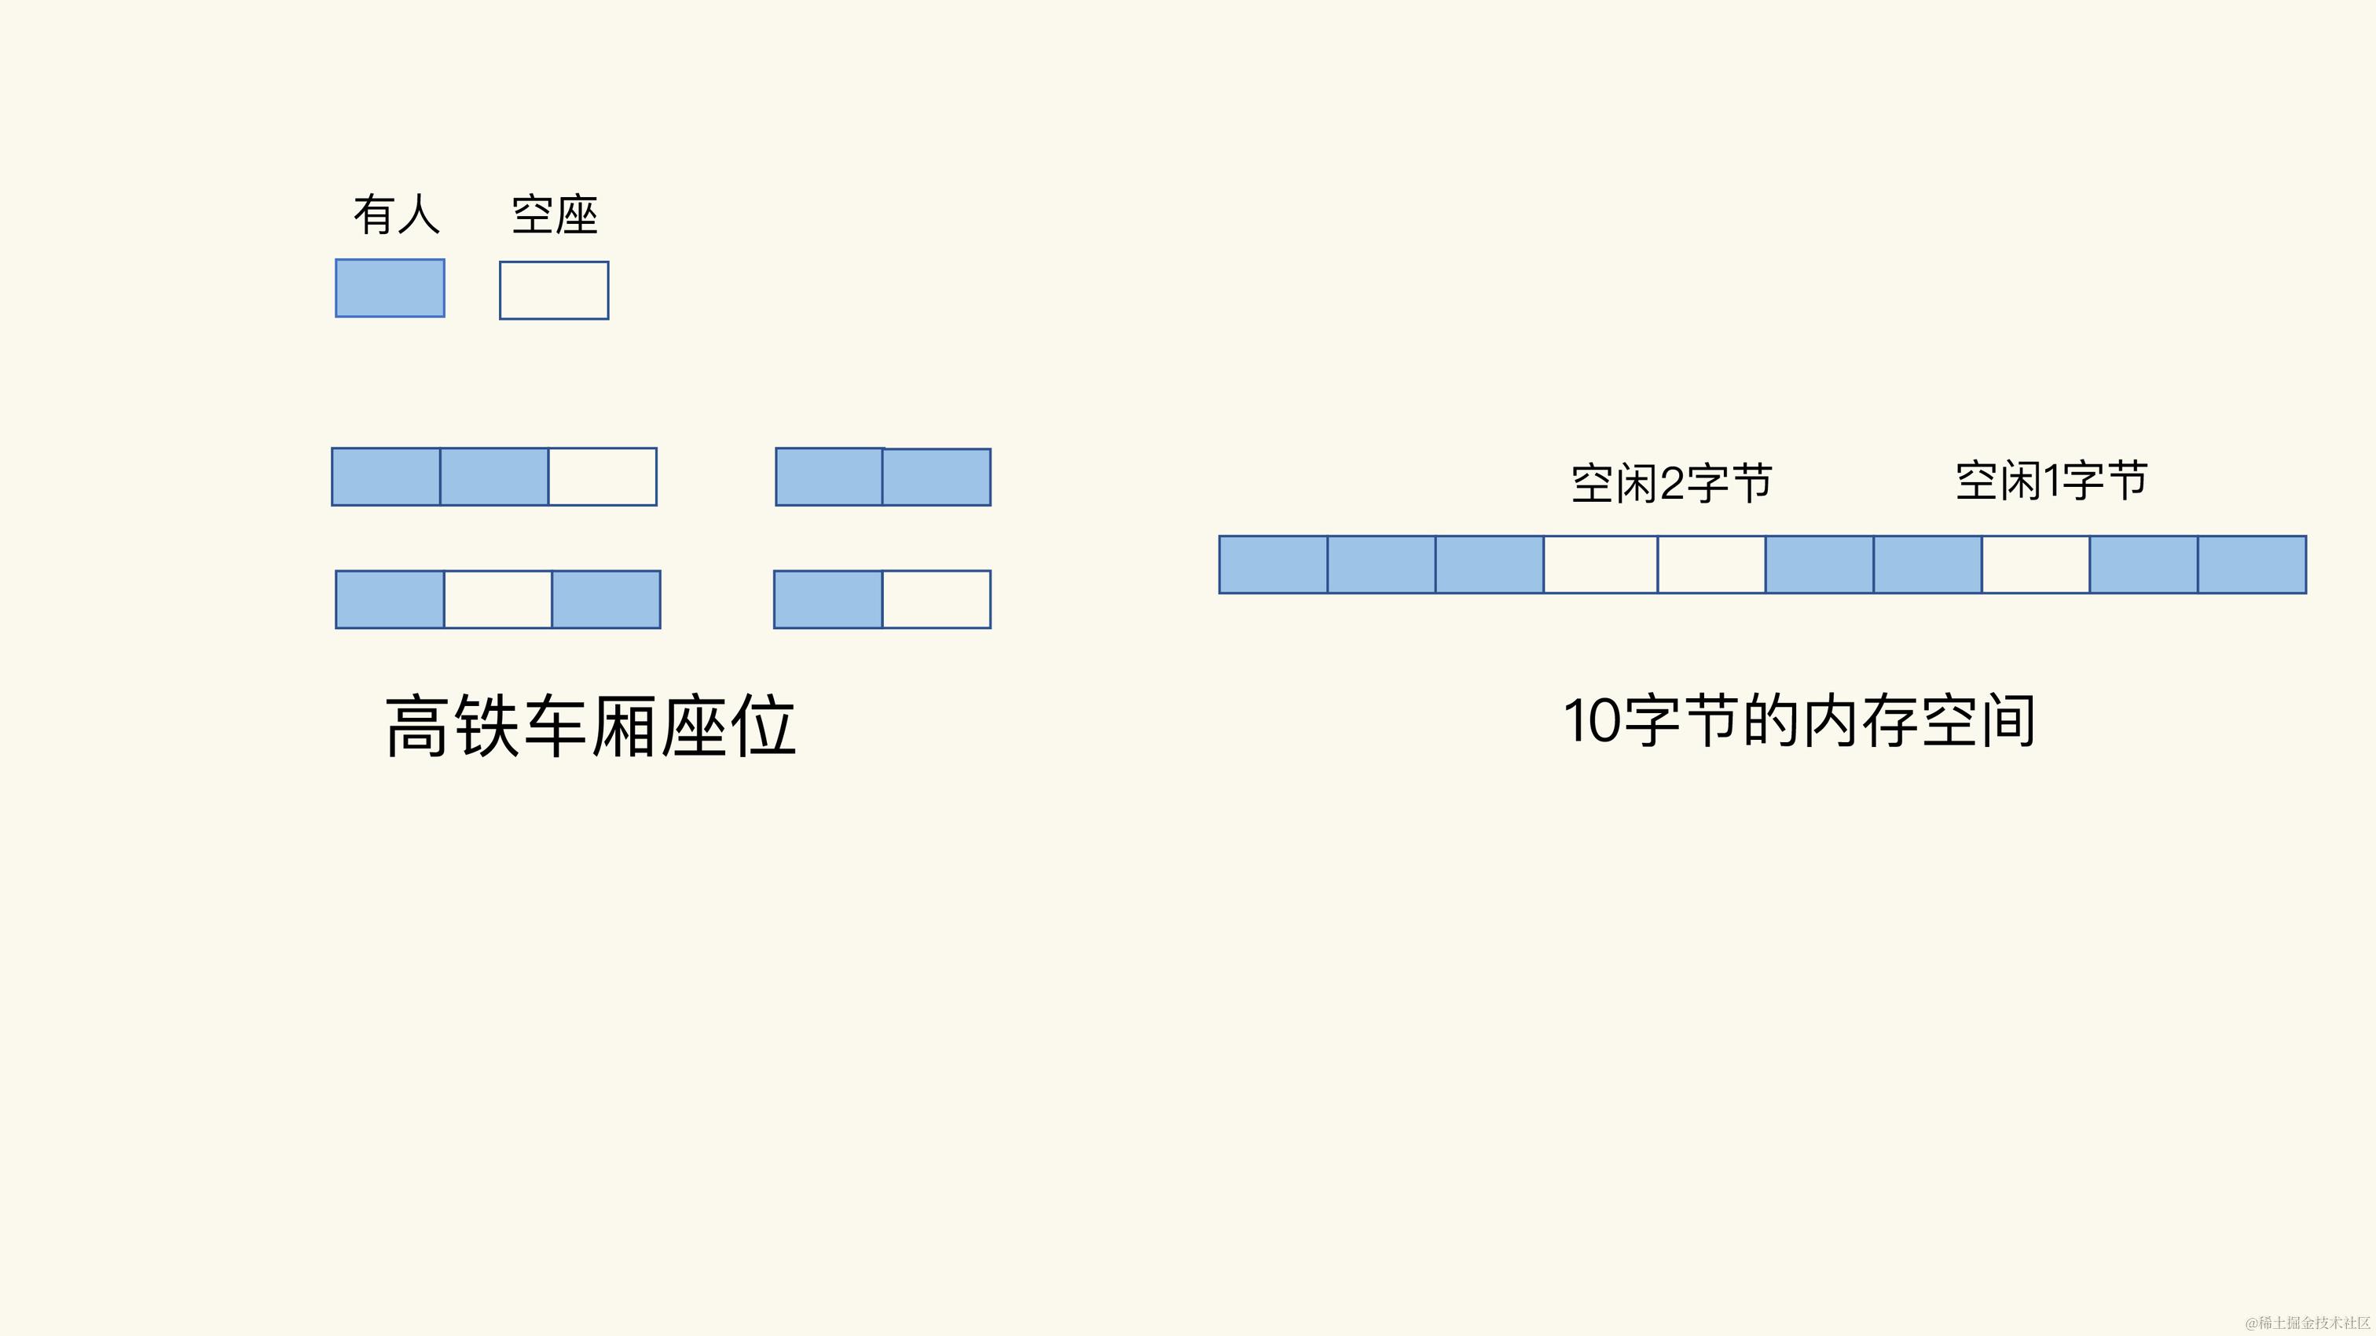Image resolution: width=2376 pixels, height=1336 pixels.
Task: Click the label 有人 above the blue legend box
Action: tap(397, 215)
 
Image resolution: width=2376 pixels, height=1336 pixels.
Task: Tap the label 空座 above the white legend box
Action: tap(555, 215)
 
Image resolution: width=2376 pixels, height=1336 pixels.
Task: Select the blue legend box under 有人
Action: tap(389, 288)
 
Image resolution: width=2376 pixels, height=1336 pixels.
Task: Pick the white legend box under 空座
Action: tap(553, 291)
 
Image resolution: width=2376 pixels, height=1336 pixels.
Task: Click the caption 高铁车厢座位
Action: tap(590, 727)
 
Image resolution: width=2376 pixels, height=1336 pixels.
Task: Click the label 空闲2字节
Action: tap(1671, 483)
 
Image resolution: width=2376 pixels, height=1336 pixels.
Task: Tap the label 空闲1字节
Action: tap(2051, 481)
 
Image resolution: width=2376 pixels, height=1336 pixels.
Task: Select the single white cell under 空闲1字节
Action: tap(2036, 564)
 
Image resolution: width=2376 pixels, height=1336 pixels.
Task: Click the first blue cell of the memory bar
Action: tap(1273, 564)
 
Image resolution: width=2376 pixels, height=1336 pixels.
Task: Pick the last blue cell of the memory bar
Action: tap(2252, 564)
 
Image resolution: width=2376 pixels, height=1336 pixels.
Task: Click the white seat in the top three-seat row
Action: tap(603, 477)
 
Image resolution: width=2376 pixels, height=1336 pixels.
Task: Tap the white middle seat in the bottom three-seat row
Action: tap(498, 599)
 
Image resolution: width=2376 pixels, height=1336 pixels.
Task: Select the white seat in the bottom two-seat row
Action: tap(937, 599)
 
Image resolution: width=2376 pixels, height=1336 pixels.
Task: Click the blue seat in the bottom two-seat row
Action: tap(828, 599)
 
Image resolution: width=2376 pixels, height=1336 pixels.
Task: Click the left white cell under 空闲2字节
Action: tap(1600, 564)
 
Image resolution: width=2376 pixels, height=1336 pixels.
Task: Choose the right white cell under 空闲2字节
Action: tap(1711, 564)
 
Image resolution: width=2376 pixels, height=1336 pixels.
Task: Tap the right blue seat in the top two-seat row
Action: tap(937, 477)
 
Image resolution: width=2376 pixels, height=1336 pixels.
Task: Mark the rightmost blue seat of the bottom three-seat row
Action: tap(606, 599)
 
